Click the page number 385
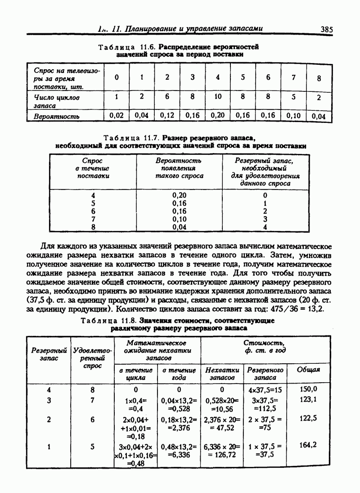tap(327, 30)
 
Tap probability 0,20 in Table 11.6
tap(217, 115)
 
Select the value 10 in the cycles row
tap(218, 96)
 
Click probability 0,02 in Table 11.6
tap(117, 115)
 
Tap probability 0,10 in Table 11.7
tap(181, 219)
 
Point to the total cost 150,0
tap(308, 389)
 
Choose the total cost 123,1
tap(308, 399)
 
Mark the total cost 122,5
tap(308, 418)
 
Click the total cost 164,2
tap(308, 445)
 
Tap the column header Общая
tap(308, 370)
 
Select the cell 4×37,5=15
tap(265, 389)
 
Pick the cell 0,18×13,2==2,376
tap(179, 423)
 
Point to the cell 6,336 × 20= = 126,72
tap(222, 451)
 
